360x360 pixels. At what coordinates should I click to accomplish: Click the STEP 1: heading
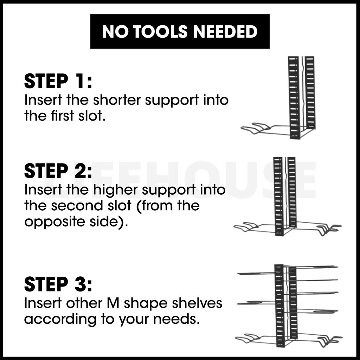pos(58,82)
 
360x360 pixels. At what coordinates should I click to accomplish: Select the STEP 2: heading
pos(58,172)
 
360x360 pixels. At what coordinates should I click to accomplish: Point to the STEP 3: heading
pos(58,285)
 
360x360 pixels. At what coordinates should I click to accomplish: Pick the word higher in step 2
pos(115,190)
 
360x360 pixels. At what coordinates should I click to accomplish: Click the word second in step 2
pos(73,206)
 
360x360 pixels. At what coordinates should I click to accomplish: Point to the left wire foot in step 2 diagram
pos(248,227)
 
